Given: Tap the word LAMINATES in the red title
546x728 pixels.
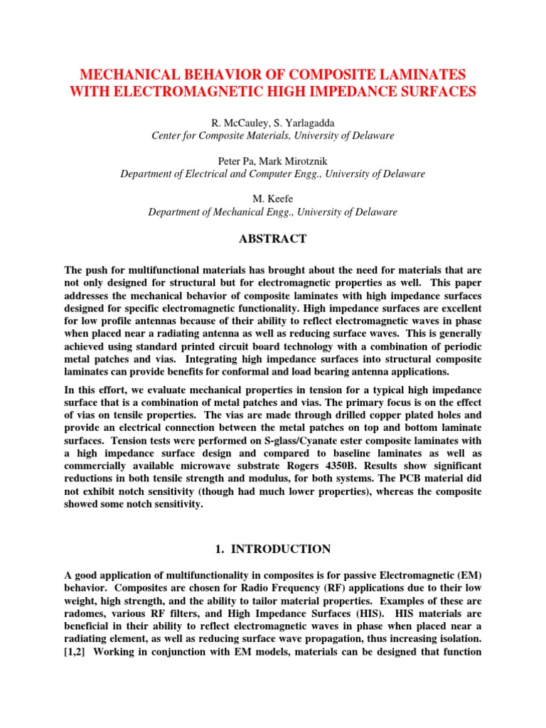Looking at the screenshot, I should [426, 74].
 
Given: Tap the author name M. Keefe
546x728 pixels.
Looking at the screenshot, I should [273, 200].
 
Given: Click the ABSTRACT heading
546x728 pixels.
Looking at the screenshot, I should [273, 239].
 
